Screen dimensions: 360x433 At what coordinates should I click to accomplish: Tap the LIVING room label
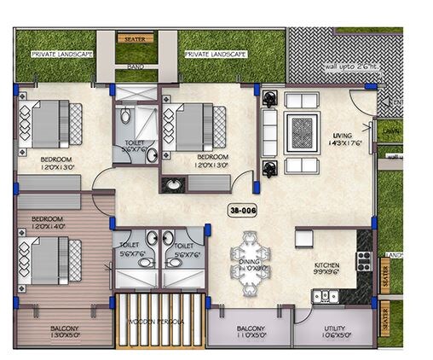point(343,138)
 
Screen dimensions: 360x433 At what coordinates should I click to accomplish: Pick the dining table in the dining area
point(246,263)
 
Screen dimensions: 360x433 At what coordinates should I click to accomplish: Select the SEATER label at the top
point(134,39)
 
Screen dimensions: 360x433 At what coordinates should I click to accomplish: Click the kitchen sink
point(322,296)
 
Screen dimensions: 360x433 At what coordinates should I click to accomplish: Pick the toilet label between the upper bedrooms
point(134,146)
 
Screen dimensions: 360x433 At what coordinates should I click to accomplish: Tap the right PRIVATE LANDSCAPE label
point(214,54)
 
